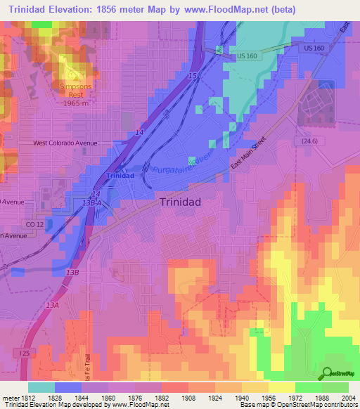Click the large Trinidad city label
click(181, 202)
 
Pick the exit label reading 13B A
click(91, 202)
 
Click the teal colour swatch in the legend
click(41, 387)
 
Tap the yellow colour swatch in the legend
click(282, 387)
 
